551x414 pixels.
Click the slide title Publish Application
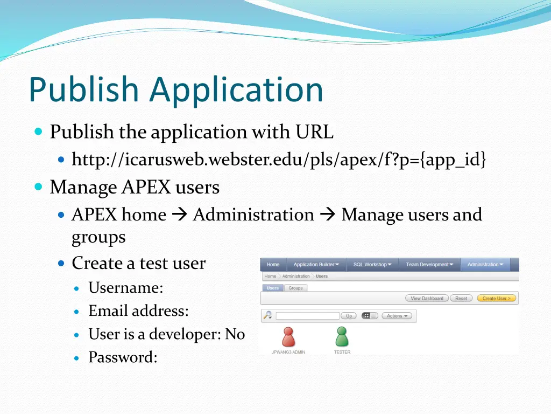[176, 89]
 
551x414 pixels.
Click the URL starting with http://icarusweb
[279, 160]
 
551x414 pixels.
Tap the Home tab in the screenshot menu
[273, 265]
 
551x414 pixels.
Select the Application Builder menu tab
[316, 265]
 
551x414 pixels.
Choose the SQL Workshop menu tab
[372, 265]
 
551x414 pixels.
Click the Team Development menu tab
[429, 265]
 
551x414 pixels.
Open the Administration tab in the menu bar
[485, 265]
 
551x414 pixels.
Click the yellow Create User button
[496, 298]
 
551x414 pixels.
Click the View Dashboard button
[427, 298]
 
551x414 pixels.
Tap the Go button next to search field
[349, 316]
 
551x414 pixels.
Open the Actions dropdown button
[397, 316]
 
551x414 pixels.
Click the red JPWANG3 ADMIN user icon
[288, 337]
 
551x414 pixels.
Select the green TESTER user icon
[342, 337]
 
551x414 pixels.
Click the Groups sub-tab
[295, 288]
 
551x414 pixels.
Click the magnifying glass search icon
[267, 315]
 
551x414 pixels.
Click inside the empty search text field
[307, 316]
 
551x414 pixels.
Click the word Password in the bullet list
[122, 357]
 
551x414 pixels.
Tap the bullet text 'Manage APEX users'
[135, 188]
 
